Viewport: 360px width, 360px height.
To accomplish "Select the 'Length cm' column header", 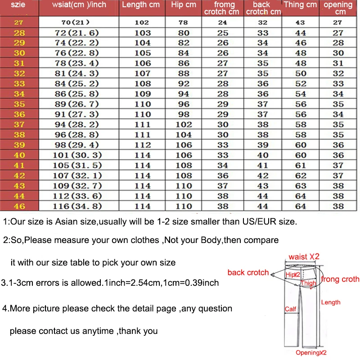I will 141,5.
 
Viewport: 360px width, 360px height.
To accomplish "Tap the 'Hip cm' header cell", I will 184,5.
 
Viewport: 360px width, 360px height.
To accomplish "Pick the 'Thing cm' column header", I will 300,5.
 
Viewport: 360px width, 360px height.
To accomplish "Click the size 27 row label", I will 19,22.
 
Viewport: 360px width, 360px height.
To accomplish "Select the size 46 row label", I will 19,206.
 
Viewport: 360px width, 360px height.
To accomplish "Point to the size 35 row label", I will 19,104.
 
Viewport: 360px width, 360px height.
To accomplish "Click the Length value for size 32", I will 143,73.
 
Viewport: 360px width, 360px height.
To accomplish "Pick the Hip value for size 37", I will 184,125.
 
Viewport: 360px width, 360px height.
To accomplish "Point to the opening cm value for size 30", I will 338,53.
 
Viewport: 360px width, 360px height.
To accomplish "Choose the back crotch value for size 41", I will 263,165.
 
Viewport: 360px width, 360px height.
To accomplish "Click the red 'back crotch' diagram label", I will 248,272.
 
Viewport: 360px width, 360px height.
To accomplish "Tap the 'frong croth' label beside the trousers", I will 340,279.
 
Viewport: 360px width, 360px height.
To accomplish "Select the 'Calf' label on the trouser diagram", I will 290,309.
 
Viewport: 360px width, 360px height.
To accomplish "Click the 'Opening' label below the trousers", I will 310,353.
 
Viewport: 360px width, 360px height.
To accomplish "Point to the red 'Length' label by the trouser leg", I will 331,302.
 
